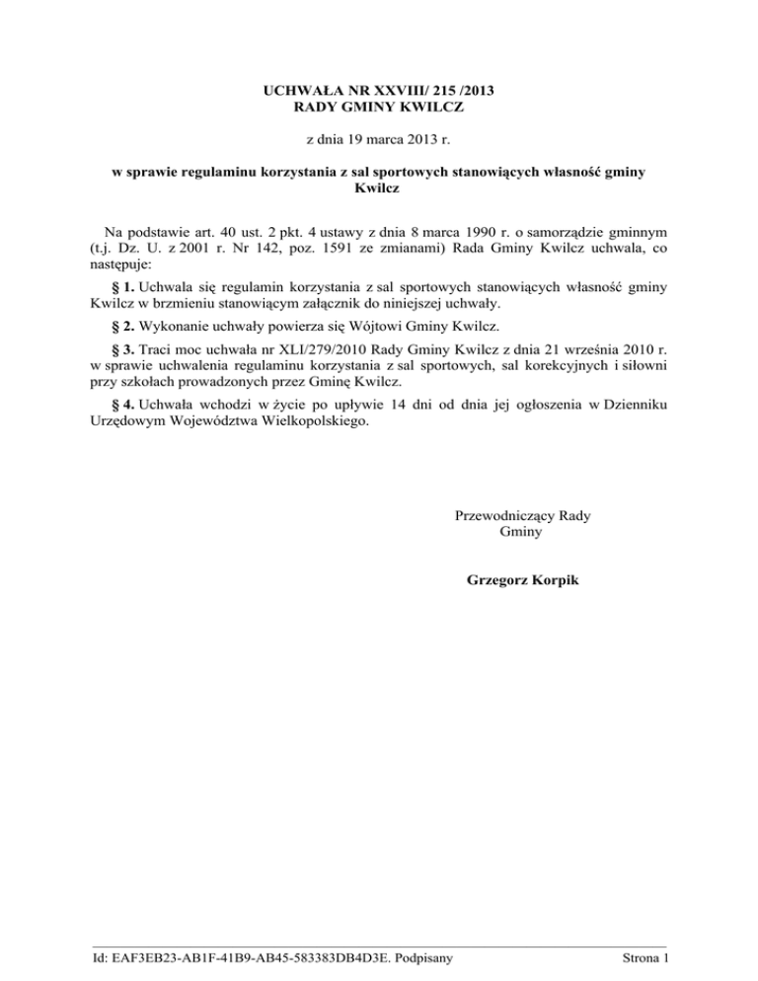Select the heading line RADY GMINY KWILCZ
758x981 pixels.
[379, 110]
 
